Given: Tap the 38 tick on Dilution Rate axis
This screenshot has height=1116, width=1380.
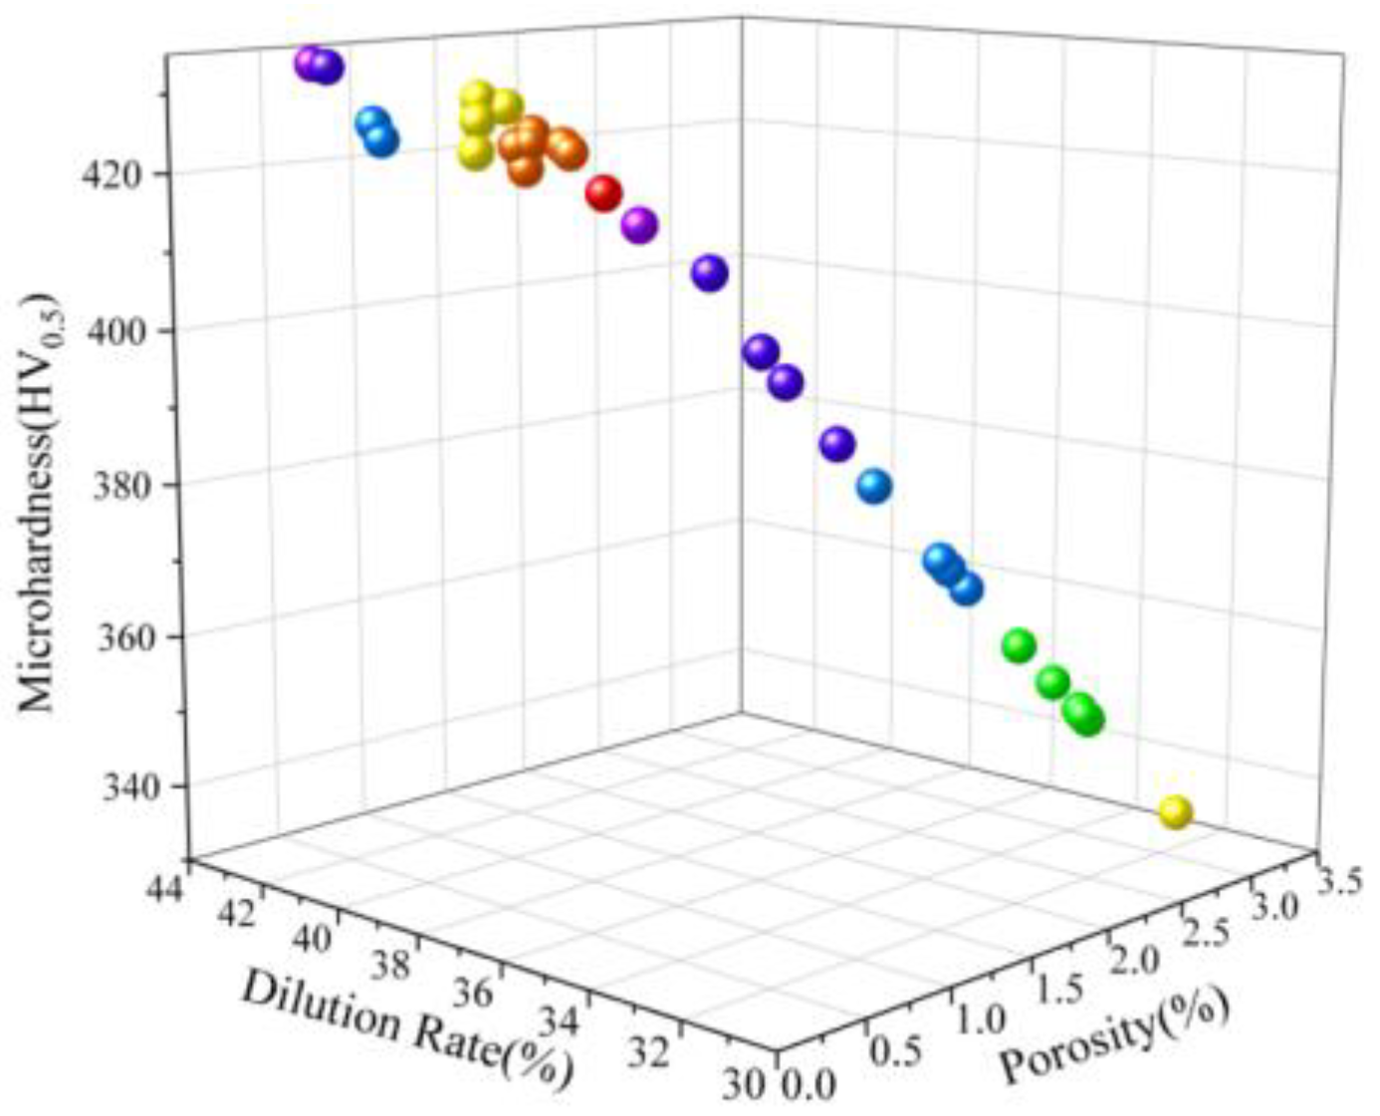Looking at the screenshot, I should click(392, 964).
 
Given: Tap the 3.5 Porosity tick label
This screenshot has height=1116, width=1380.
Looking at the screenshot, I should click(1339, 882).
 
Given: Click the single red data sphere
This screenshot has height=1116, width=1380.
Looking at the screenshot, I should click(603, 192).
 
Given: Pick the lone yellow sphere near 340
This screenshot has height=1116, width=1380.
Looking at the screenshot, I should click(1175, 812).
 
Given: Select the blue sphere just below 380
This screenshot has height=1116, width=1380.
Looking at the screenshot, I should click(873, 487).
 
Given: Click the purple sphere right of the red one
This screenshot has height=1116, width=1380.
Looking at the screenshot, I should click(639, 226).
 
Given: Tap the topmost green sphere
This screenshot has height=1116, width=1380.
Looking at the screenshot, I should click(1019, 645).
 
